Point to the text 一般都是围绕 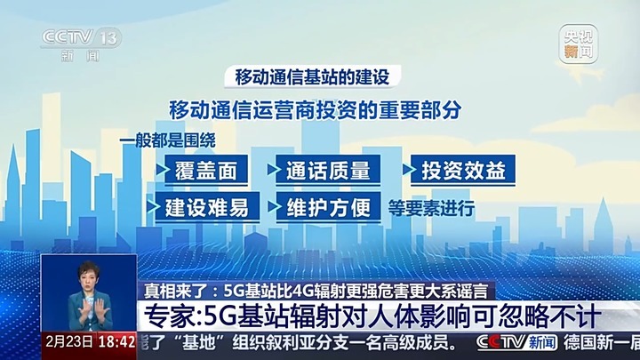(x=168, y=141)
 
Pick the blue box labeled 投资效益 (x=459, y=170)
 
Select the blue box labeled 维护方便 (x=328, y=207)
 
